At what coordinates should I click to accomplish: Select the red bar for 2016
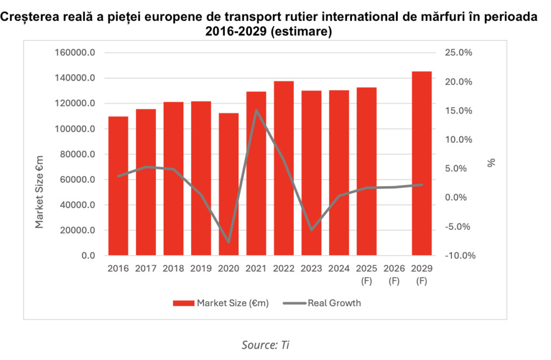coord(118,186)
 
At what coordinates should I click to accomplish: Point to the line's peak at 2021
coord(256,110)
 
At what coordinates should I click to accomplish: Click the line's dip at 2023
coord(312,230)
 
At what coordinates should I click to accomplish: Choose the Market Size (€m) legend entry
coord(221,303)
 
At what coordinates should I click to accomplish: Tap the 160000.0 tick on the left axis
coord(75,53)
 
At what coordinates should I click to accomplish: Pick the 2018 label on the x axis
coord(173,268)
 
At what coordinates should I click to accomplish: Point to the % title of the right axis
coord(491,162)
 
